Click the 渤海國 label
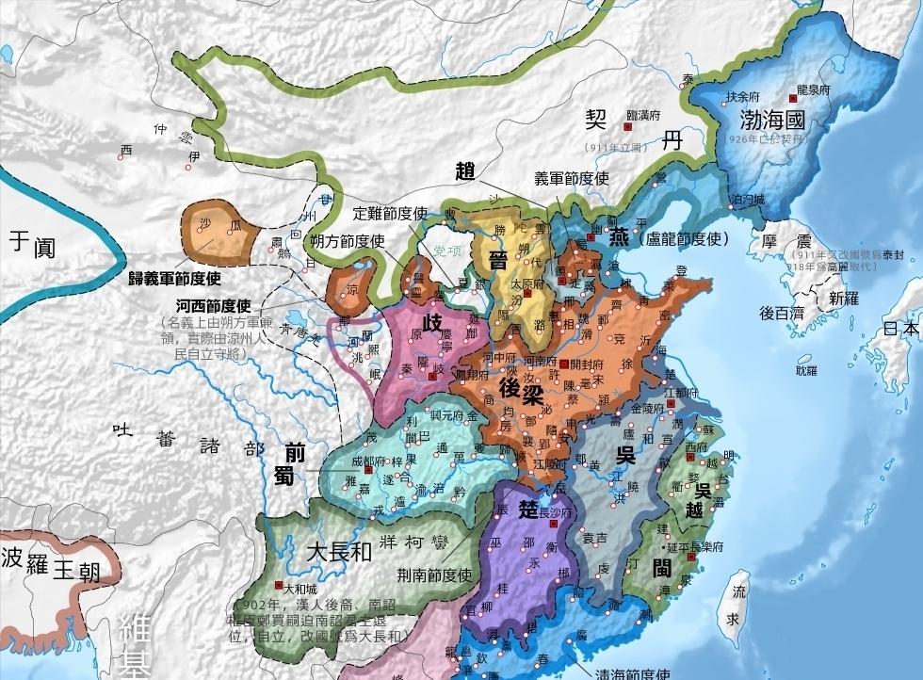coord(773,120)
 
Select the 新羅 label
coord(845,298)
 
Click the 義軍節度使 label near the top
coord(572,177)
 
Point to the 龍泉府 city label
coord(812,90)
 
